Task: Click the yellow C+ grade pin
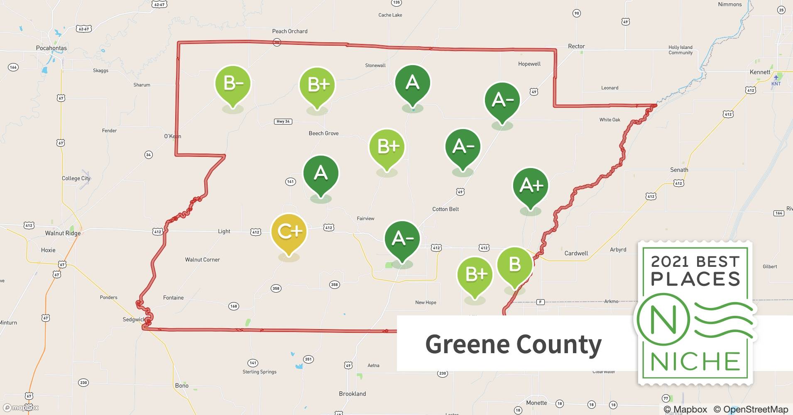point(289,232)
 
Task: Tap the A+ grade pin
point(531,186)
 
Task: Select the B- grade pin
point(233,83)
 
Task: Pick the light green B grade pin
point(514,264)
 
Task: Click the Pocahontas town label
point(51,48)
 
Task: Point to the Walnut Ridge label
point(63,233)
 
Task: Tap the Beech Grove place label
point(323,133)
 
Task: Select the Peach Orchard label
point(290,31)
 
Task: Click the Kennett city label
point(760,72)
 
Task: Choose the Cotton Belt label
point(445,209)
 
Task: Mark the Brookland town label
point(352,394)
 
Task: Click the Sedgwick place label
point(134,320)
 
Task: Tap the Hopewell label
point(529,64)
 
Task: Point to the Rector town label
point(576,46)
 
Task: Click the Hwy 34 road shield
point(283,122)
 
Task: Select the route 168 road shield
point(234,306)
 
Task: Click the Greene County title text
point(513,344)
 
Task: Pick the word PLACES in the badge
point(695,279)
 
